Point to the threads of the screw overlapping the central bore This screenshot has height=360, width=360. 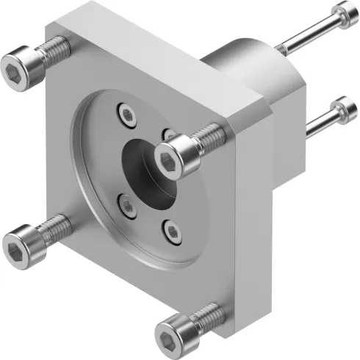tap(208, 134)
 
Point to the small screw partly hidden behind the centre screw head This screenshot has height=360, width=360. tap(168, 135)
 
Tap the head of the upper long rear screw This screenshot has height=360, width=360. tap(340, 12)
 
